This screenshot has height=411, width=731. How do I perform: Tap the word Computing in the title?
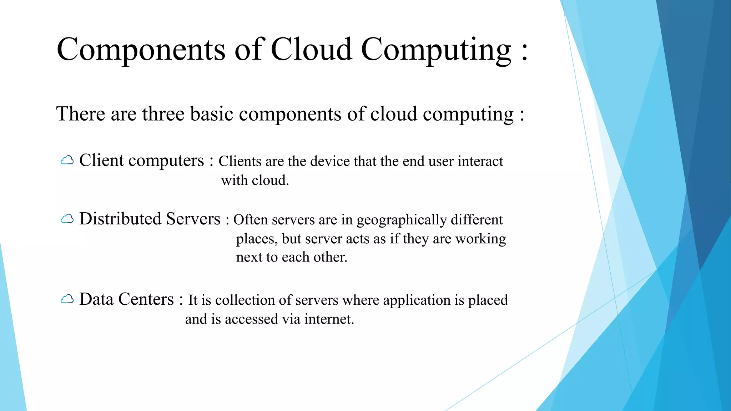point(436,50)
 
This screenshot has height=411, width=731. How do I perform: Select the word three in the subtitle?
point(163,114)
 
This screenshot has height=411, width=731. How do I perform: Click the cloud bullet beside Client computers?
point(67,161)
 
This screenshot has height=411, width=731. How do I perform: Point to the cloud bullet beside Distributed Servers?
point(67,219)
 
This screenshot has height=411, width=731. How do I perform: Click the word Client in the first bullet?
point(101,160)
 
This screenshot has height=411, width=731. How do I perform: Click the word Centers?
point(146,299)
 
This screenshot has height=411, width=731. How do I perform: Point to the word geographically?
point(402,220)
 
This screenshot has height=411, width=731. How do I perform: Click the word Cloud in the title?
point(311,50)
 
